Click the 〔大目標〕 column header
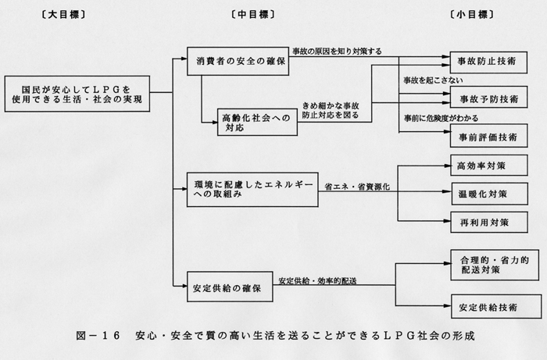click(x=63, y=14)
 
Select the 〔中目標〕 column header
click(x=253, y=14)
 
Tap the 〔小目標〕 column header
click(x=472, y=14)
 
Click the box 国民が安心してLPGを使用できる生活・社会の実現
click(x=77, y=94)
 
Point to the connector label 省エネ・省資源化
click(x=357, y=187)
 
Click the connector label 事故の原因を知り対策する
click(x=337, y=52)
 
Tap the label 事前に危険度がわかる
click(x=441, y=119)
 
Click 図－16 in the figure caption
click(x=98, y=336)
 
